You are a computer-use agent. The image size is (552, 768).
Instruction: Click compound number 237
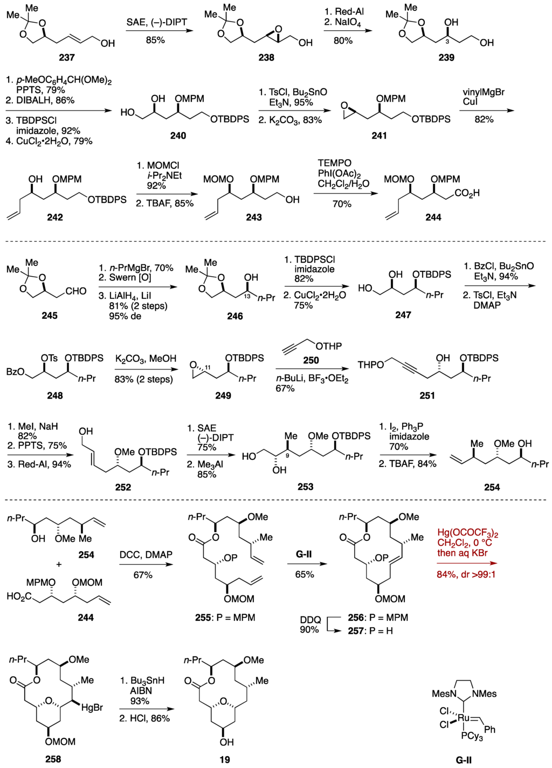[67, 57]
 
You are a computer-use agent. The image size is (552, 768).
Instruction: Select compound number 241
[379, 135]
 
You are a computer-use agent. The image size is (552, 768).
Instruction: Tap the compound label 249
[223, 395]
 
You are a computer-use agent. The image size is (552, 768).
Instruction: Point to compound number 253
[305, 486]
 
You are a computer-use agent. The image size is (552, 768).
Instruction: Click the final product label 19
[225, 759]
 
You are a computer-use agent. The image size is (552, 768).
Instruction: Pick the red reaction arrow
[467, 564]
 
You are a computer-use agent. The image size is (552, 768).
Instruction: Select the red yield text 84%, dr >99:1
[466, 574]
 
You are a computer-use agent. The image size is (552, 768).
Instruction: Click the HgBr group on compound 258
[92, 707]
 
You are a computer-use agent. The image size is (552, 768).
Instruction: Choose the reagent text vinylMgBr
[484, 92]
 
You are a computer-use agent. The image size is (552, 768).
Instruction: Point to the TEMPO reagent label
[334, 163]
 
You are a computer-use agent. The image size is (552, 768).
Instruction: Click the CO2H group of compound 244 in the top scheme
[467, 193]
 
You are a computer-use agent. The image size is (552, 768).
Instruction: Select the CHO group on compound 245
[75, 291]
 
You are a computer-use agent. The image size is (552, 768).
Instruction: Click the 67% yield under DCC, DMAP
[143, 575]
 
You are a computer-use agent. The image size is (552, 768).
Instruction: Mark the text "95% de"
[126, 316]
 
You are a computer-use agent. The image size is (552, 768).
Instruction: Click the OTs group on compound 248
[49, 358]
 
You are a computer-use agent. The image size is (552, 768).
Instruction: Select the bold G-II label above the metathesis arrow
[304, 554]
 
